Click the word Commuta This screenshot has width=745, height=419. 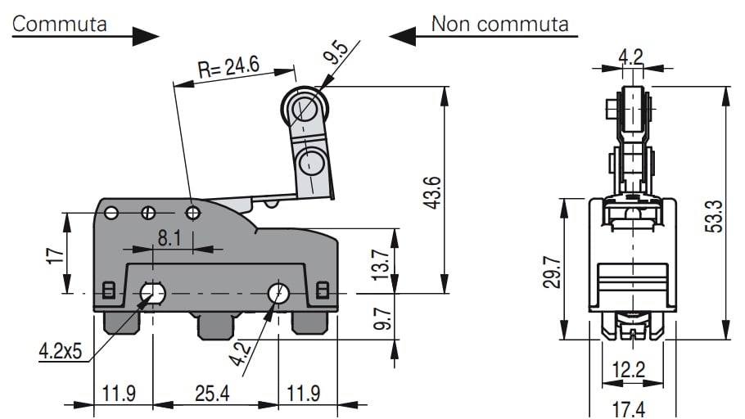tap(60, 23)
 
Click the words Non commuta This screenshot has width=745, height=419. tap(499, 23)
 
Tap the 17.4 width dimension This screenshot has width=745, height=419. tap(629, 407)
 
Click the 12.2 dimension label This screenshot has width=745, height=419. tap(629, 371)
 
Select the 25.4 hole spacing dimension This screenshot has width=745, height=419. tap(212, 394)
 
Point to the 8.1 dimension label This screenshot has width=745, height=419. tap(170, 238)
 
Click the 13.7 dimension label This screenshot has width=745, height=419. tap(382, 264)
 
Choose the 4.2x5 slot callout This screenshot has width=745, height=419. tap(61, 352)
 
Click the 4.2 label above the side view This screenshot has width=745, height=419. tap(630, 56)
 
